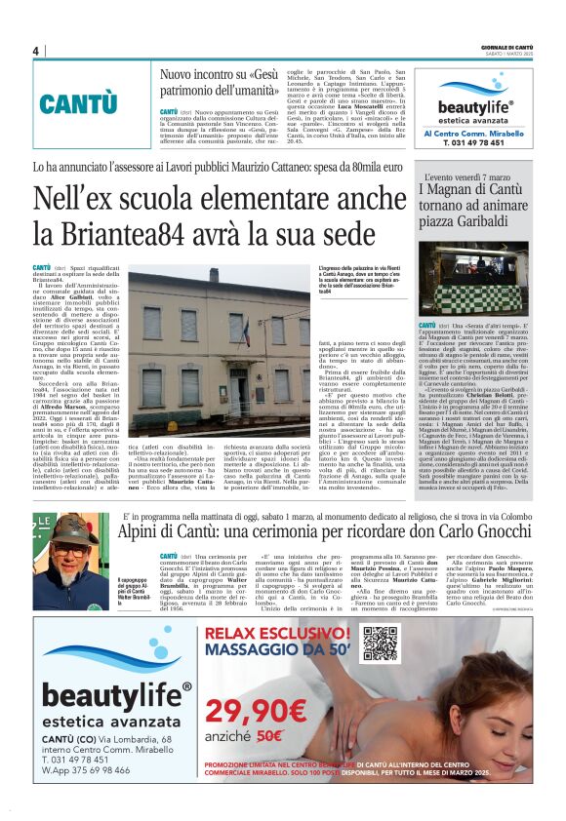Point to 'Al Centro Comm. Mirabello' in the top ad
[x=474, y=133]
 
